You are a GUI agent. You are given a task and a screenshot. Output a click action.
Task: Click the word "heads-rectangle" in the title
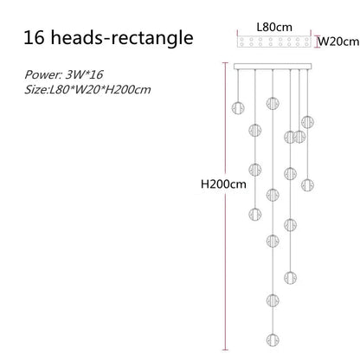(x=122, y=38)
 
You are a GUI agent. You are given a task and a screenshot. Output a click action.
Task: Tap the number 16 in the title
(x=34, y=37)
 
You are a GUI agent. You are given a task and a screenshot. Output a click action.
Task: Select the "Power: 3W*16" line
(x=64, y=74)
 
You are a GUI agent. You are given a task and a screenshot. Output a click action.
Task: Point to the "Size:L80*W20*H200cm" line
(x=87, y=90)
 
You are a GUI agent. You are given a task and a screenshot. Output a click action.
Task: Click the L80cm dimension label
(x=274, y=27)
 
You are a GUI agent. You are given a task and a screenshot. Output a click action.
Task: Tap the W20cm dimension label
(x=339, y=42)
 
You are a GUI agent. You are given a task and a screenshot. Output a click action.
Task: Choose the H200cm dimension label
(x=223, y=183)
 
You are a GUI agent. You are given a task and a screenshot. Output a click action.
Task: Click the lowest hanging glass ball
(x=273, y=339)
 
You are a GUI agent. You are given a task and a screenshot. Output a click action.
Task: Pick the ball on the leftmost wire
(x=238, y=108)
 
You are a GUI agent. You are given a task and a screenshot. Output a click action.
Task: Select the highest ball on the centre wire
(x=273, y=103)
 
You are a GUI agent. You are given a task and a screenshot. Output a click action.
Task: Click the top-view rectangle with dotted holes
(x=274, y=42)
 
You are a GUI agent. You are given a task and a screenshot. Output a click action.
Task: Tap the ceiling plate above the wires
(x=273, y=67)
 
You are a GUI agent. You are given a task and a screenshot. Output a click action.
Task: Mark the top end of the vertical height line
(x=225, y=62)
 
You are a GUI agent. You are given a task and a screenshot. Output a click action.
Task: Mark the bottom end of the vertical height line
(x=225, y=350)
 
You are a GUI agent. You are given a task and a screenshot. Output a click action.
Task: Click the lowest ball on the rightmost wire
(x=307, y=184)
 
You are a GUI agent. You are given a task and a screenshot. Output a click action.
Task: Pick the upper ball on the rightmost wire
(x=307, y=122)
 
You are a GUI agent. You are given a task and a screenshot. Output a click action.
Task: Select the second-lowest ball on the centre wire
(x=273, y=300)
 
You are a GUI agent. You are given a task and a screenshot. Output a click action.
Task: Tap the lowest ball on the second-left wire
(x=255, y=214)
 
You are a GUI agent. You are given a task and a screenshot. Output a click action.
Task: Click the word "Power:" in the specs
(x=43, y=74)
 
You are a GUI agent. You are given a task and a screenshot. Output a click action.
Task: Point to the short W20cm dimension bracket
(x=318, y=42)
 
